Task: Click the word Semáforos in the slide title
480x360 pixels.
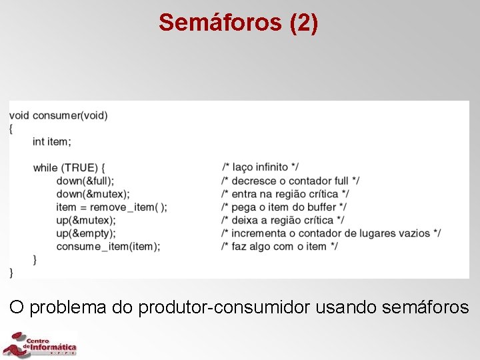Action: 221,23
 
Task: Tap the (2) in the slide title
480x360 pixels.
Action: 304,23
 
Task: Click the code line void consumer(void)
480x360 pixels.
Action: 59,115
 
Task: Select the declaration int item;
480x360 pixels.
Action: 51,141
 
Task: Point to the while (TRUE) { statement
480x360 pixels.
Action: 69,167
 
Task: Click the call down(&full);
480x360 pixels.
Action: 85,181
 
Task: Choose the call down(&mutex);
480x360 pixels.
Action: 91,194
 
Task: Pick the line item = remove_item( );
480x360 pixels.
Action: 112,207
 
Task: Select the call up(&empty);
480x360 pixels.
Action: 86,233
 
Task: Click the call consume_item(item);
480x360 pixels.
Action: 108,246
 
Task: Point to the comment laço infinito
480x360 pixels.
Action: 261,167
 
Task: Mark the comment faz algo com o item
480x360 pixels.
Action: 280,246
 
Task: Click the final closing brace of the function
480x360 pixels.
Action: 11,272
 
